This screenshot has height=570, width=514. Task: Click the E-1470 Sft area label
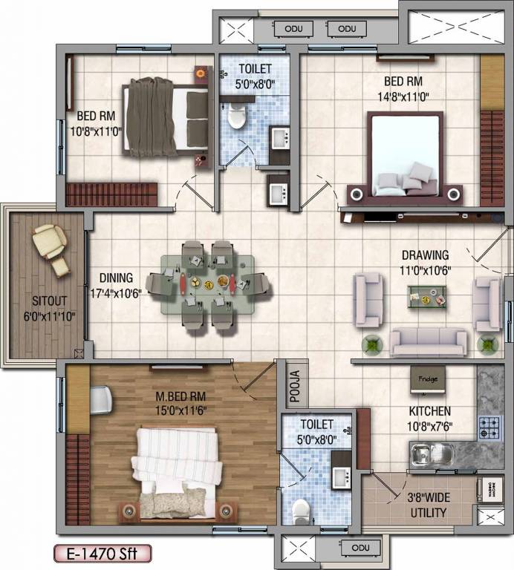click(102, 553)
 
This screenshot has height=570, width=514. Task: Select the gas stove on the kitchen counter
click(489, 428)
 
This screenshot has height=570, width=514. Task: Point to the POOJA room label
click(294, 385)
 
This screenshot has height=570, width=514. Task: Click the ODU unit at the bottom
click(361, 548)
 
